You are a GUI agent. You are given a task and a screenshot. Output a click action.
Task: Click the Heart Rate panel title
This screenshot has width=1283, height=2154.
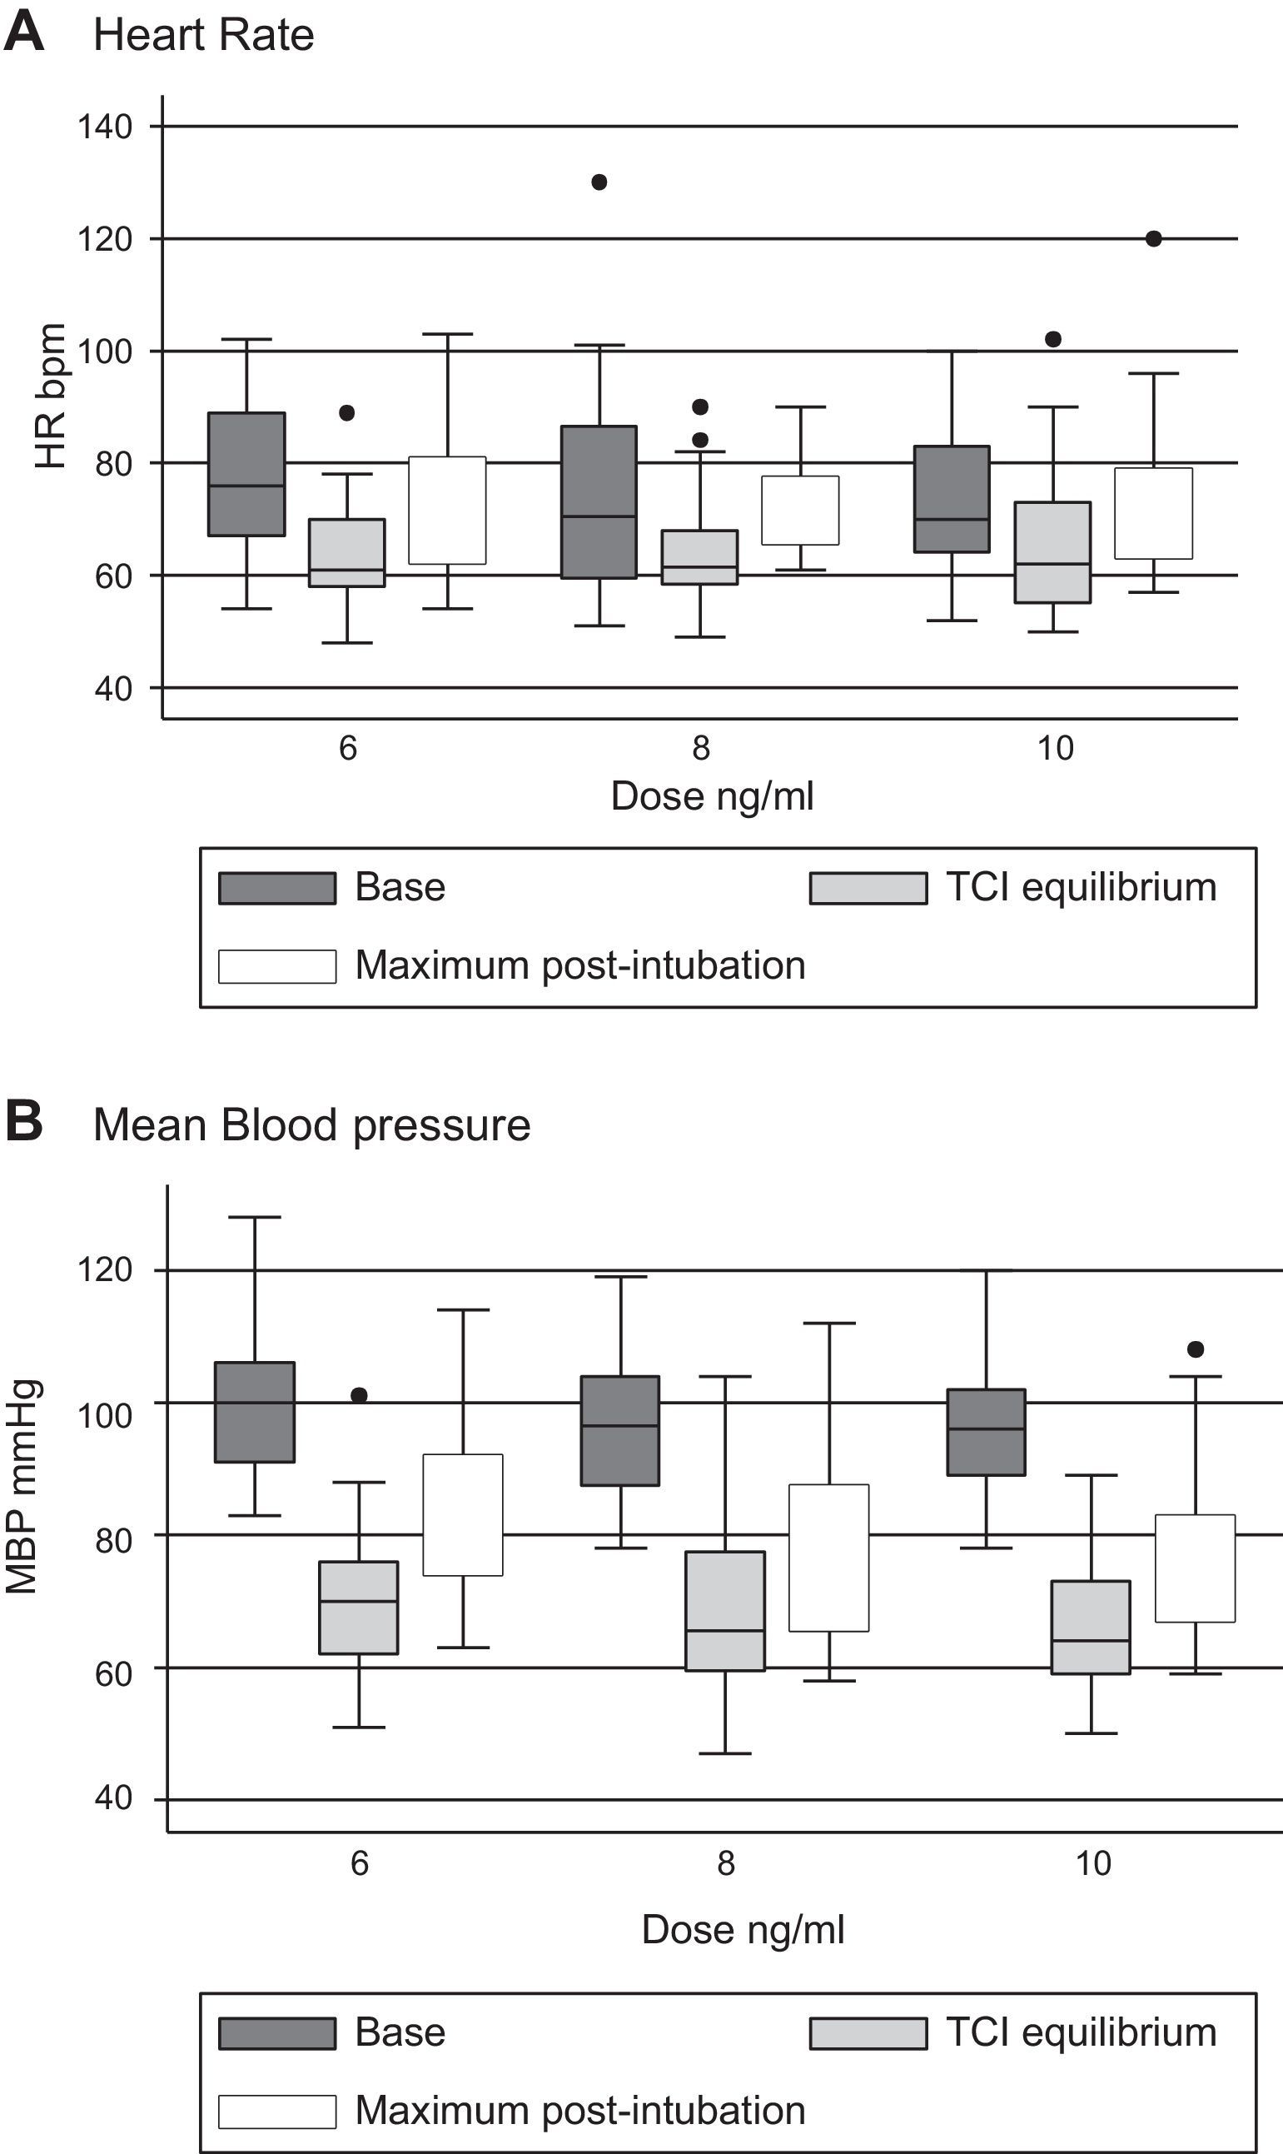pos(203,36)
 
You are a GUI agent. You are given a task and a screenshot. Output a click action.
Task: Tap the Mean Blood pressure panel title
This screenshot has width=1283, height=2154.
pos(311,1125)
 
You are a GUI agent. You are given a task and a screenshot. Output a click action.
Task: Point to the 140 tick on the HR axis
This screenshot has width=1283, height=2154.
pos(106,127)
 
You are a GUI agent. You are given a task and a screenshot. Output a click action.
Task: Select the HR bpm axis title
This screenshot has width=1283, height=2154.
pos(51,396)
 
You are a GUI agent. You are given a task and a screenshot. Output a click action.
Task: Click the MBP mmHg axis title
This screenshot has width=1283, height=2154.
pos(22,1487)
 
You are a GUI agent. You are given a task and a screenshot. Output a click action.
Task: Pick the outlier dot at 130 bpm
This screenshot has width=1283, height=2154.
pos(599,182)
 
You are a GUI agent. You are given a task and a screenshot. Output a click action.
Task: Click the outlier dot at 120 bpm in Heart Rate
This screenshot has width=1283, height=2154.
pos(1153,239)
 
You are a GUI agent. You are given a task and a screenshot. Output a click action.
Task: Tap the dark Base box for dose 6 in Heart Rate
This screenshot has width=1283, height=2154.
pos(247,474)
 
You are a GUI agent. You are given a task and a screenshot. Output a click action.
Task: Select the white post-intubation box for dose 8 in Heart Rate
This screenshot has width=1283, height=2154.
pos(801,511)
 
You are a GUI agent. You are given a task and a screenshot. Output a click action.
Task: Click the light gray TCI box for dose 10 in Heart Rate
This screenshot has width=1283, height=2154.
pos(1053,551)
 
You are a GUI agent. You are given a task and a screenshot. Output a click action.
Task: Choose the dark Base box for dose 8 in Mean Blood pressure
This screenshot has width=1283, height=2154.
pos(621,1430)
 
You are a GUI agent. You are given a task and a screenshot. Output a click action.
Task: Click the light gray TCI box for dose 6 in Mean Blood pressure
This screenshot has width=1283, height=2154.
pos(359,1608)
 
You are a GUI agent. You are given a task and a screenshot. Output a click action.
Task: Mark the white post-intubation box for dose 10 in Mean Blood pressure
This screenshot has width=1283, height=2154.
pos(1196,1568)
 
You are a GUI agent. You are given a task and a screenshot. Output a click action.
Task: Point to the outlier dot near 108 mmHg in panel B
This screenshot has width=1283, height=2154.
pos(1196,1349)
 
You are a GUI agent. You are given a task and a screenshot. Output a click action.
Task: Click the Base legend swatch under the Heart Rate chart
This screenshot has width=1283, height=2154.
pos(276,888)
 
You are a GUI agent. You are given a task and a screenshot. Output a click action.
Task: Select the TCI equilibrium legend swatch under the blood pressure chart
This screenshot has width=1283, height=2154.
pos(868,2033)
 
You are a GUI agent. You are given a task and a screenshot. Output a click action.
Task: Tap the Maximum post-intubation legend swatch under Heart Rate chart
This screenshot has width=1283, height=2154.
pos(276,967)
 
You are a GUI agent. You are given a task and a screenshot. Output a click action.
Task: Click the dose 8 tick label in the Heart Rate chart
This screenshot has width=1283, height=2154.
pos(701,748)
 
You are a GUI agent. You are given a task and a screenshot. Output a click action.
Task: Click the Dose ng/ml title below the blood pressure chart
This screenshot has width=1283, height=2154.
pos(743,1929)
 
